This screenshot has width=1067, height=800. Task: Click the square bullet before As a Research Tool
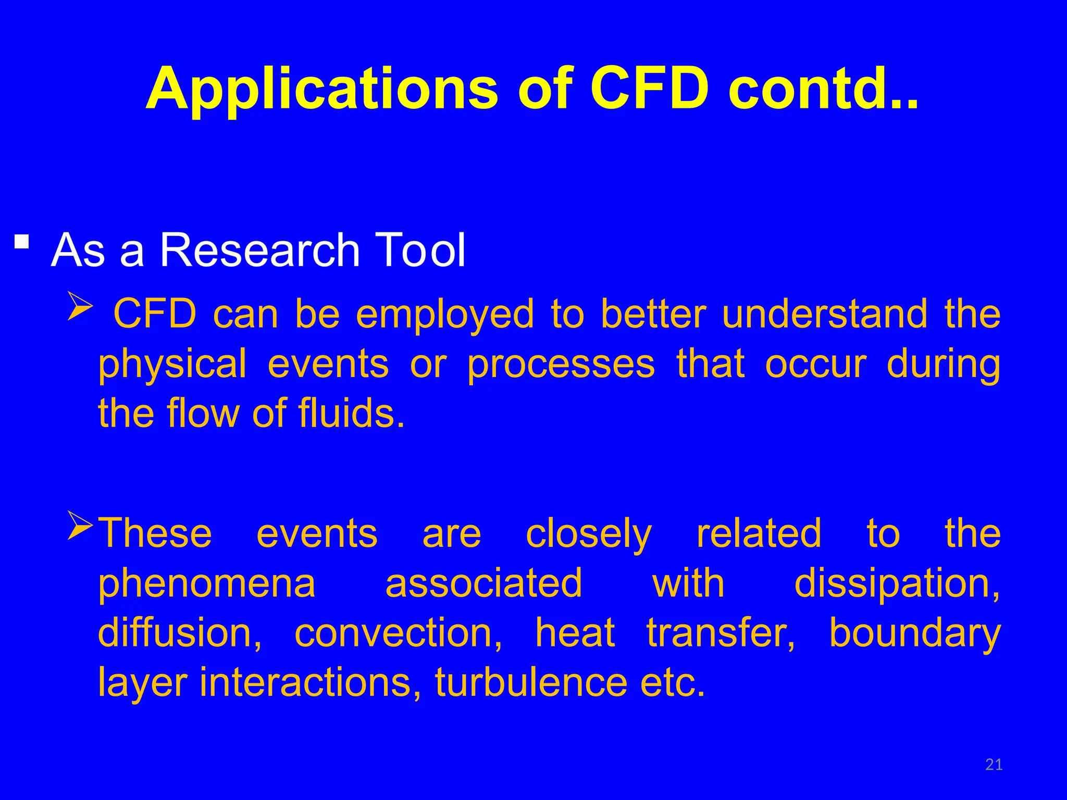[21, 242]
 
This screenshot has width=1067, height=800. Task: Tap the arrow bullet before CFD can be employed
[80, 307]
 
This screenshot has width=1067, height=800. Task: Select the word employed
[445, 315]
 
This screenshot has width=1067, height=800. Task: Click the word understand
[825, 315]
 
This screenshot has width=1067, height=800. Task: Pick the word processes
[561, 365]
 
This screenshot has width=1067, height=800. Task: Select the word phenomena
[207, 584]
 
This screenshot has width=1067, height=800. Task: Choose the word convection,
[399, 633]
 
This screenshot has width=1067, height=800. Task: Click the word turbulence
[531, 682]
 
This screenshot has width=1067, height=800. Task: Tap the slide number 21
[994, 765]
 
